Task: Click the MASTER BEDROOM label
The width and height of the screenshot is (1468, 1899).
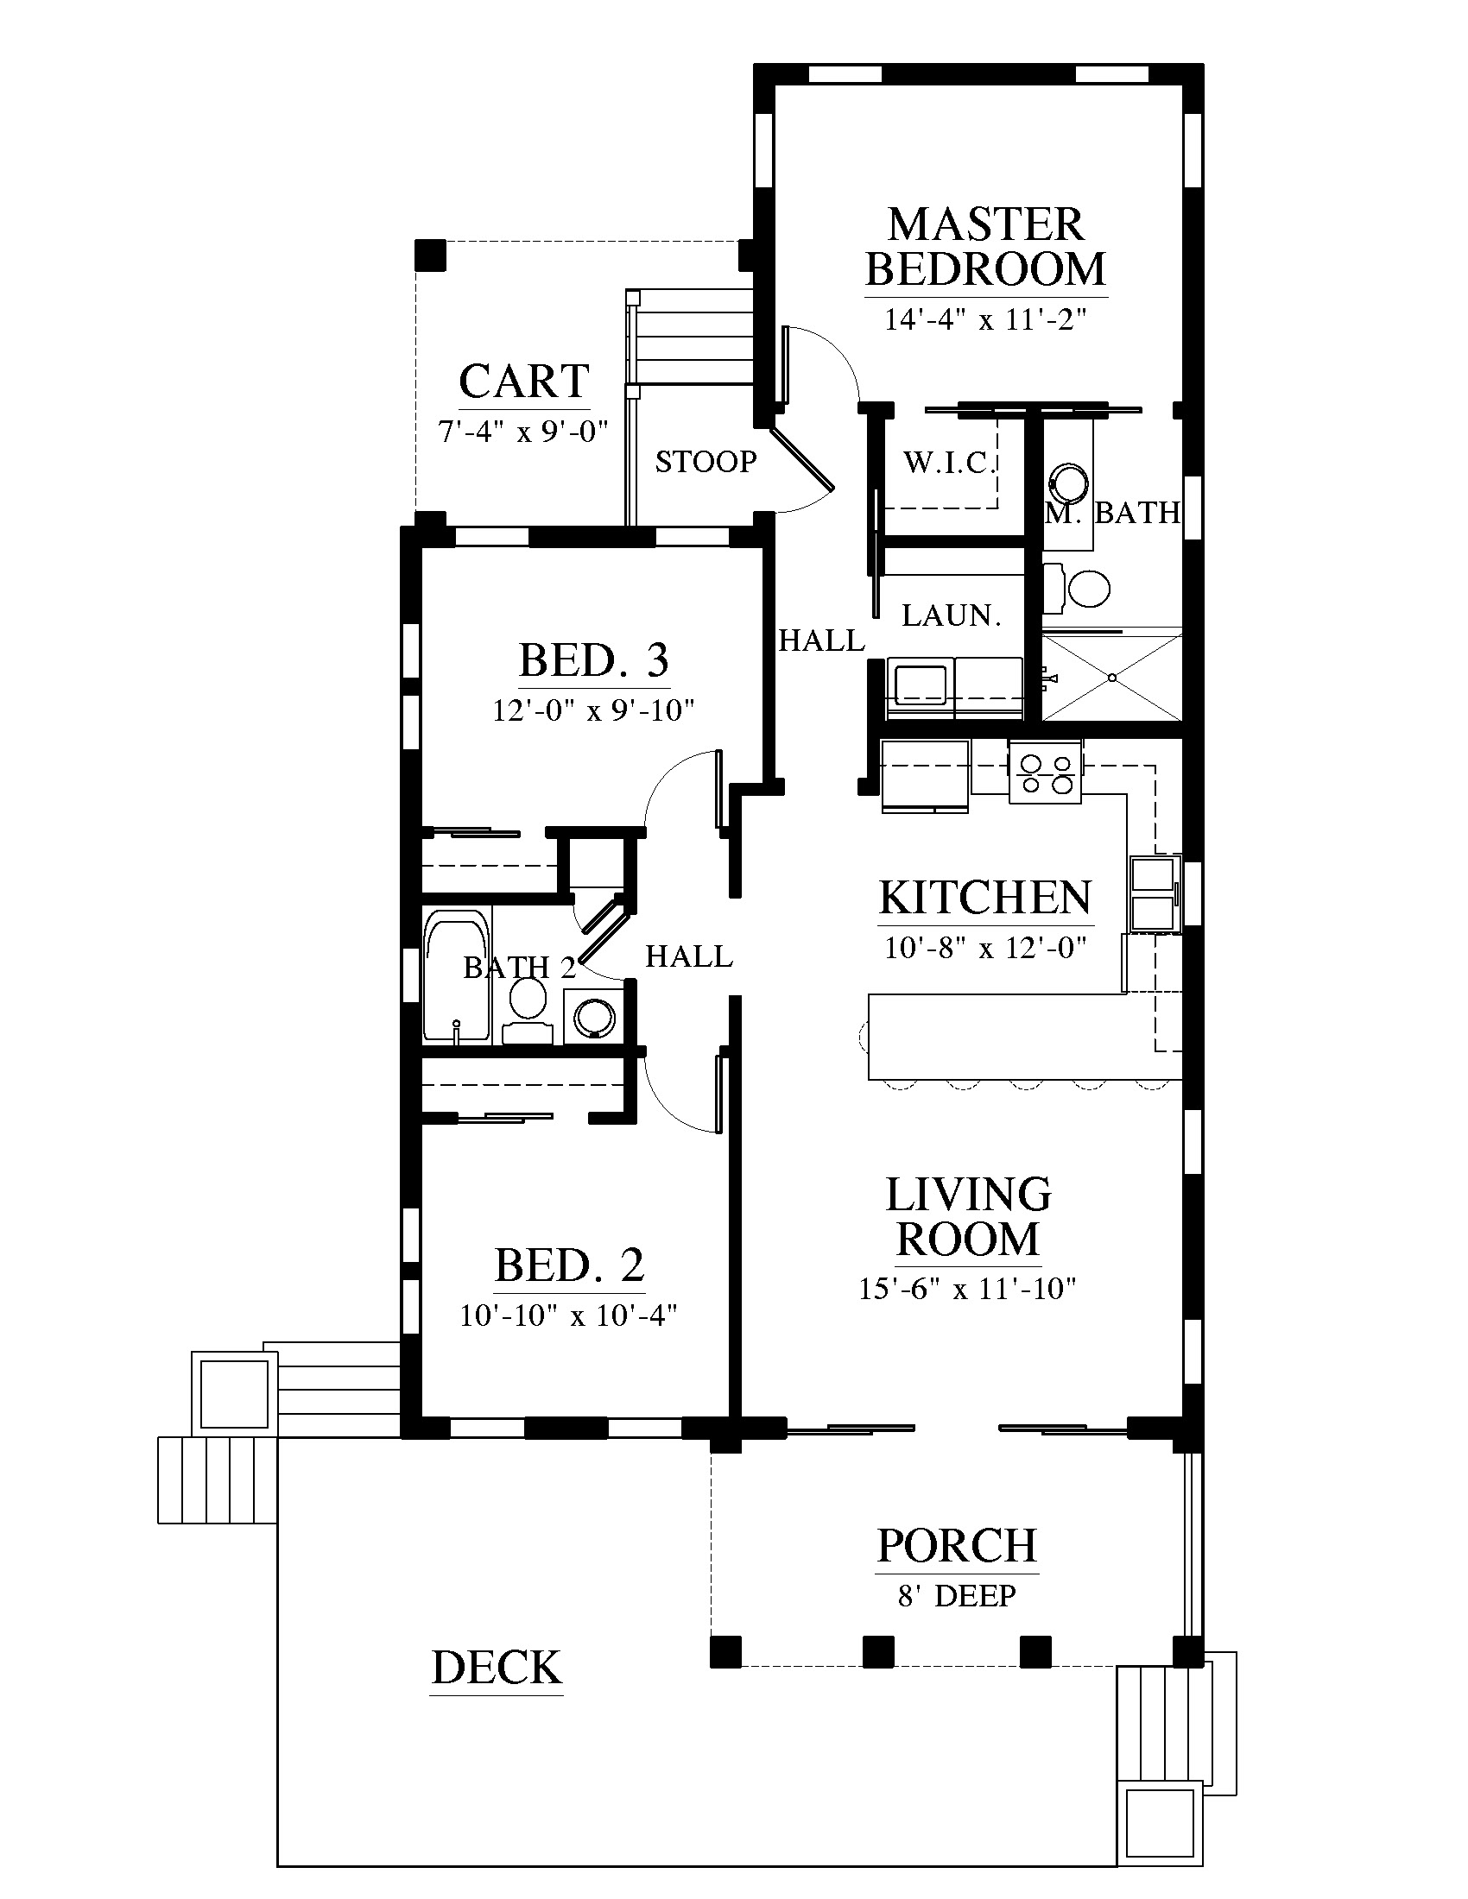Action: click(985, 246)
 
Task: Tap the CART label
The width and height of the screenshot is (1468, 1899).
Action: click(523, 381)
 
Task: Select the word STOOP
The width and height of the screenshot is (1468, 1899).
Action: click(706, 461)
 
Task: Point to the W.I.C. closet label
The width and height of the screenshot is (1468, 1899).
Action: click(949, 462)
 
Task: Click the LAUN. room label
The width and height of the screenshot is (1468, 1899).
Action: click(952, 615)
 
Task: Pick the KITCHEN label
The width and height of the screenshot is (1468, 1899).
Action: click(985, 898)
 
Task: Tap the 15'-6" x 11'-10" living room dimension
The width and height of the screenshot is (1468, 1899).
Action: click(967, 1288)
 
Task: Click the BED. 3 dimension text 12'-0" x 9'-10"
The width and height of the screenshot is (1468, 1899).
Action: click(593, 710)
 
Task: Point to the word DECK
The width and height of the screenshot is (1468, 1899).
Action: click(497, 1667)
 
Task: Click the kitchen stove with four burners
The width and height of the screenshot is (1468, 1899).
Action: click(1046, 773)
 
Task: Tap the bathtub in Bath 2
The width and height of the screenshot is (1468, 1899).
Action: click(457, 975)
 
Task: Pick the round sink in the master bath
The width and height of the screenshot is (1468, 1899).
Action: click(1068, 483)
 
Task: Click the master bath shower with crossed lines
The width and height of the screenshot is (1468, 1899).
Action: click(1112, 678)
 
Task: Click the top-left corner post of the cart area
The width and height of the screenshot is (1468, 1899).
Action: click(431, 256)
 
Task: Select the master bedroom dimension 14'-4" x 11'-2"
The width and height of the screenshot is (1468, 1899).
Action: click(985, 319)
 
